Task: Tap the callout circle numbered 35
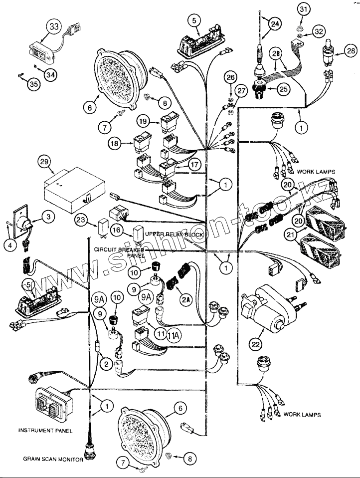(33, 84)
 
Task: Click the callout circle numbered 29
(45, 162)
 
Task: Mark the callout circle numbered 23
(81, 220)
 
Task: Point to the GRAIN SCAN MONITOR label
(52, 459)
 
